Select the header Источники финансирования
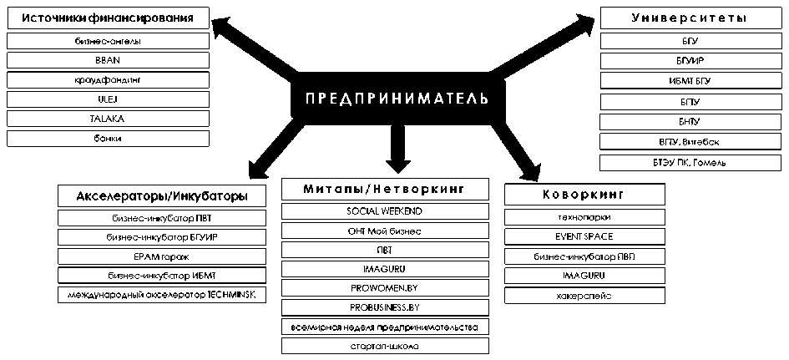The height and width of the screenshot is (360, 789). tap(108, 18)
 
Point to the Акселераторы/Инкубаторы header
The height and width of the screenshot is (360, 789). tap(162, 196)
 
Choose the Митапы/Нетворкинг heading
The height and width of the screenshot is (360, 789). tap(384, 190)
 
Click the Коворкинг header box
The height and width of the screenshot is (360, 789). tap(584, 195)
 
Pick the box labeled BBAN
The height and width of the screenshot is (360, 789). tap(108, 60)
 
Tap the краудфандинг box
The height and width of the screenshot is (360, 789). tap(108, 79)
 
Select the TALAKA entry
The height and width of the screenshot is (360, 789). tap(108, 119)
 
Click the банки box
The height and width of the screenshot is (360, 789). tap(108, 138)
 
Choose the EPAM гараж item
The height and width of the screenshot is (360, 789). tap(163, 256)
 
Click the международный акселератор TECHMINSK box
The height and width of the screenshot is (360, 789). tap(163, 295)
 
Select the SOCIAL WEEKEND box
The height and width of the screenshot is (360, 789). tap(384, 210)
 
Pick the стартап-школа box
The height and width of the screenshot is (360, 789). tap(384, 346)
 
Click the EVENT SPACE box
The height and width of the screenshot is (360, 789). tap(584, 236)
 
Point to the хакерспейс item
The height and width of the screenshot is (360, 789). tap(584, 295)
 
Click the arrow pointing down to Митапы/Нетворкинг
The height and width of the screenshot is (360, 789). tap(395, 150)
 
